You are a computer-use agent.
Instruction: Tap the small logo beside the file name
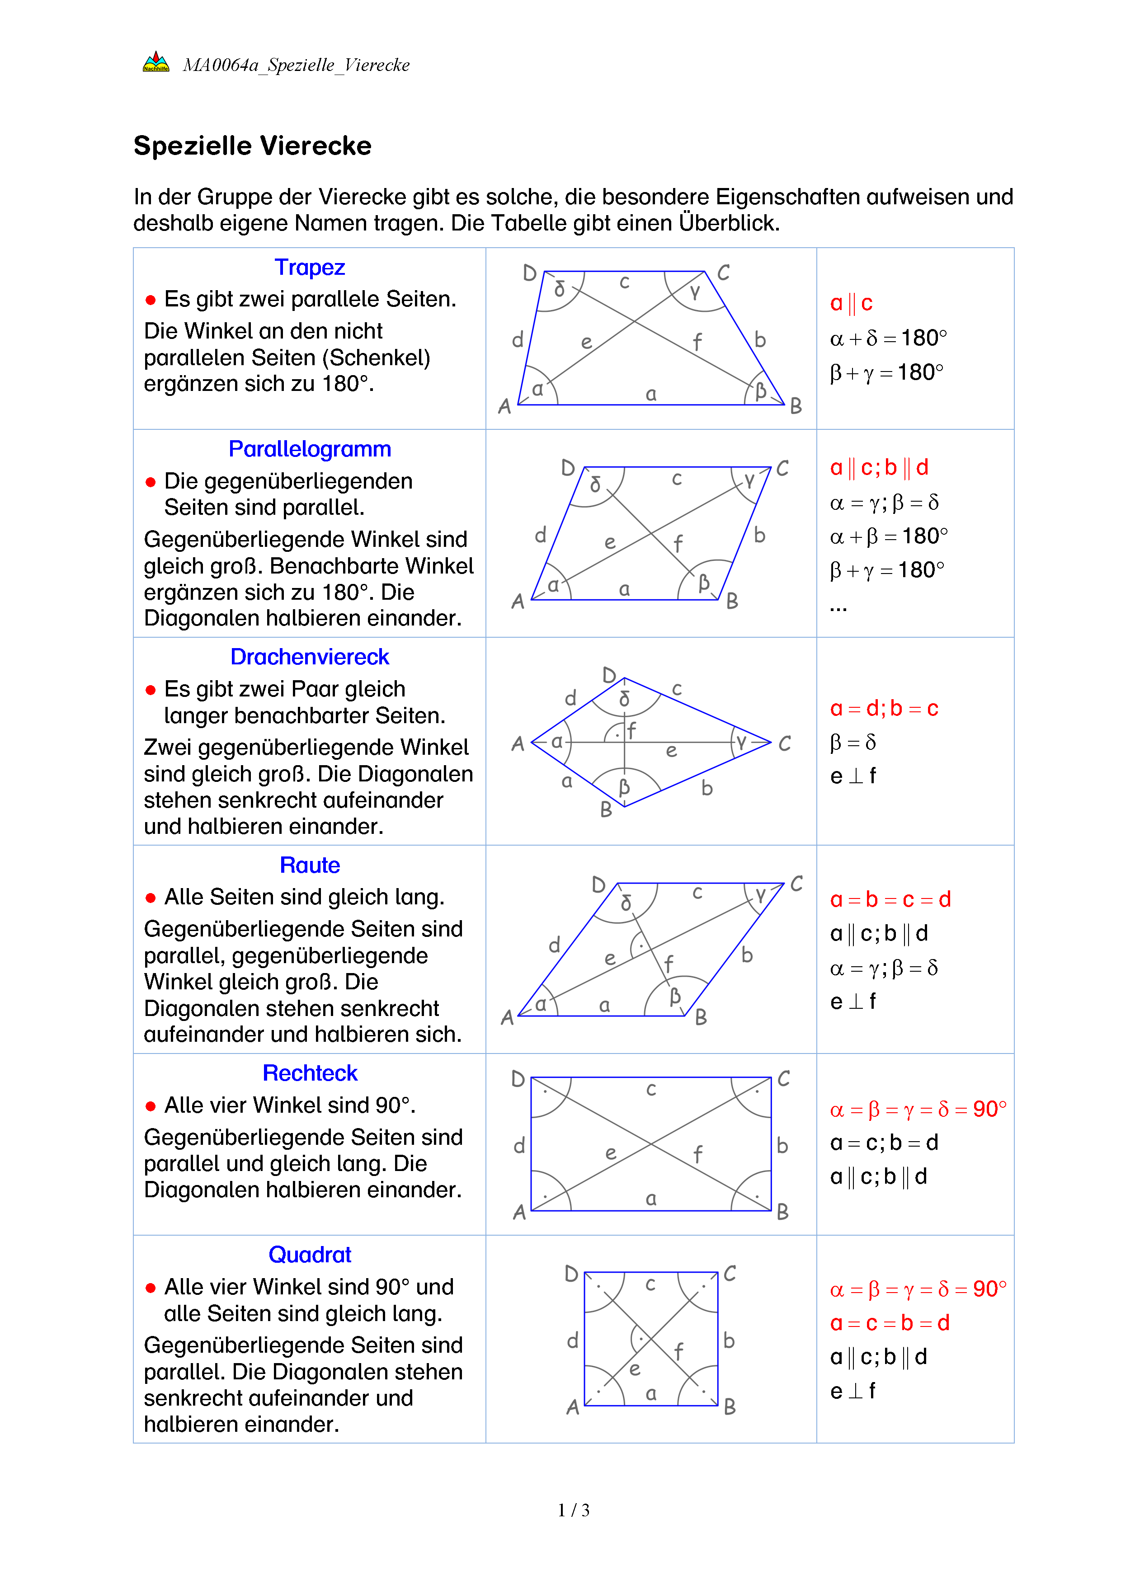point(156,63)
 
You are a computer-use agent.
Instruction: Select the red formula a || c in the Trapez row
point(851,303)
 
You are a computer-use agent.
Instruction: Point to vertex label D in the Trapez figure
point(529,273)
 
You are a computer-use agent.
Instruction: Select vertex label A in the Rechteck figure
point(519,1212)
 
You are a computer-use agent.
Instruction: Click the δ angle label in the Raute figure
point(626,903)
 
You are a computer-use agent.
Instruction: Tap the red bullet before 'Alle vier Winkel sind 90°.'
point(151,1106)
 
